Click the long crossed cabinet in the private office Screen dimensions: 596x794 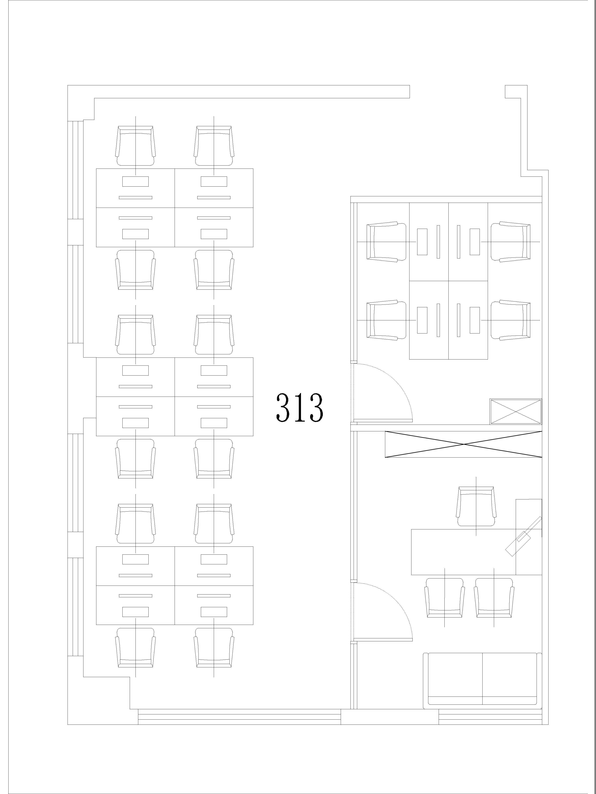(463, 444)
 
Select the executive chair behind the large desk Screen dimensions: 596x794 (476, 507)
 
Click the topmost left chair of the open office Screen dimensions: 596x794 (135, 146)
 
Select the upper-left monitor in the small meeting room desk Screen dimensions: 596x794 (422, 242)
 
